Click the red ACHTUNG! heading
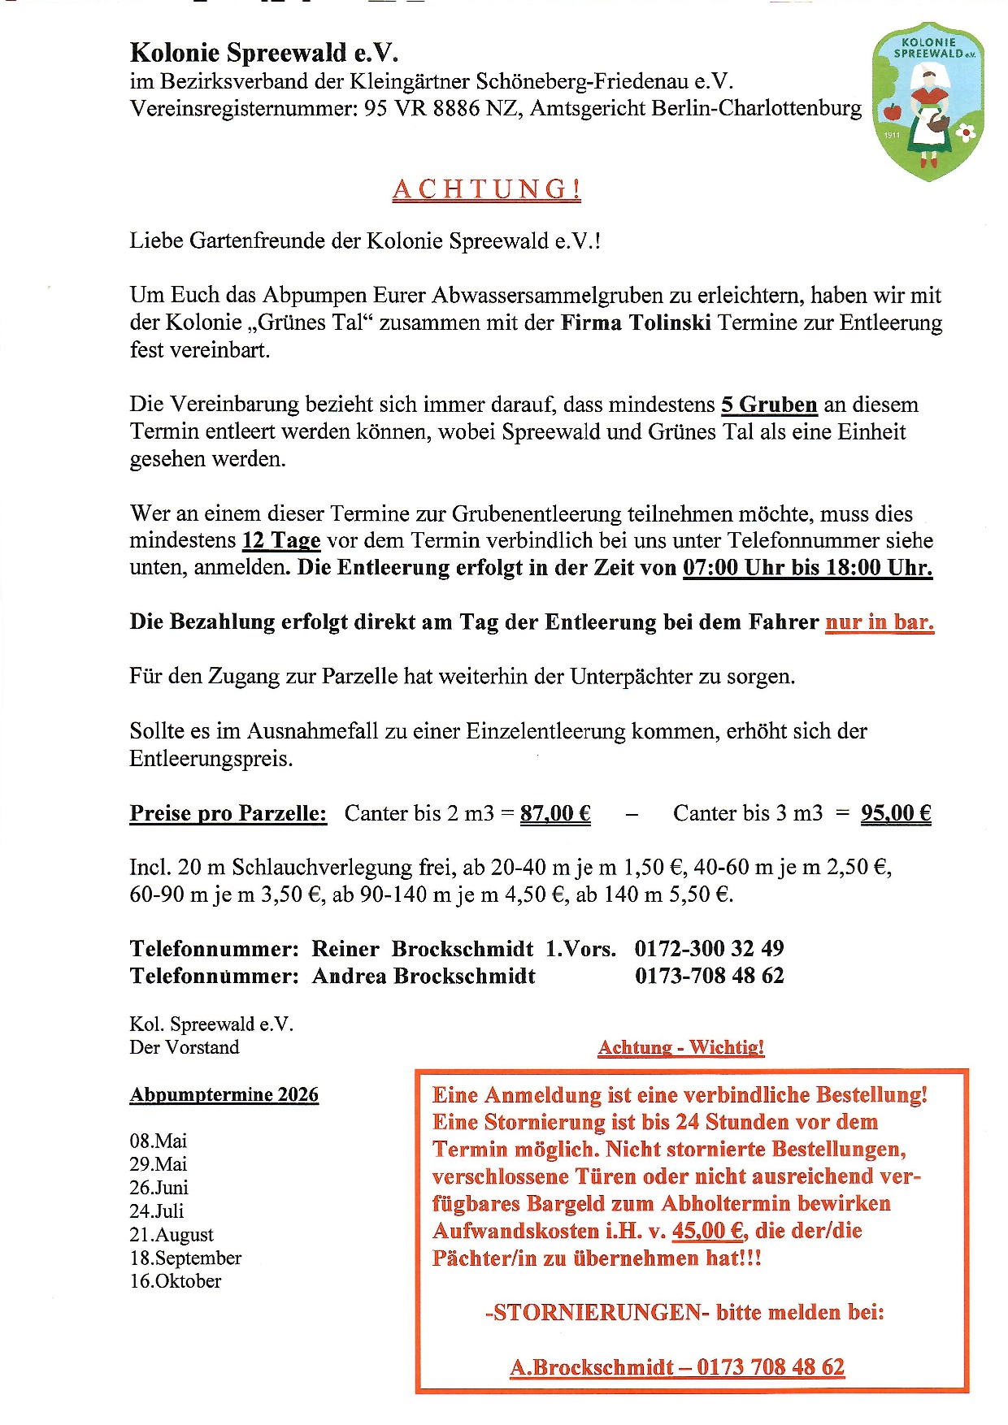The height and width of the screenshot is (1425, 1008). tap(486, 189)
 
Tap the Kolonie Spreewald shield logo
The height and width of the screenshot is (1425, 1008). tap(928, 101)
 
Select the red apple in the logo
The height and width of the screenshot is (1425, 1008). tap(892, 110)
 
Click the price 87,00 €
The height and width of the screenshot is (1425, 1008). tap(555, 813)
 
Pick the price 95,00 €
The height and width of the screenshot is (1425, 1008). tap(896, 813)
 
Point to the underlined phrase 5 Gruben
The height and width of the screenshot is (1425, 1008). tap(769, 405)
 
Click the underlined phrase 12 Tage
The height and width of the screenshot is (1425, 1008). tap(281, 540)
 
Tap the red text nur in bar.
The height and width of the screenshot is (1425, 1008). tap(880, 622)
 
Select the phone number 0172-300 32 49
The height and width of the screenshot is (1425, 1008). tap(709, 948)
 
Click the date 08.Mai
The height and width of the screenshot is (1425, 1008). tap(158, 1141)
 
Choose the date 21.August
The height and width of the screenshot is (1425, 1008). tap(172, 1234)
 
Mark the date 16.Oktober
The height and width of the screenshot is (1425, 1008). tap(176, 1280)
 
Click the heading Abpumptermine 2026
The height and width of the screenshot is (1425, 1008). tap(224, 1094)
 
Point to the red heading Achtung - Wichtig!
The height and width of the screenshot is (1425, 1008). tap(681, 1047)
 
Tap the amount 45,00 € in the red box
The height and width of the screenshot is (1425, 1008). tap(708, 1231)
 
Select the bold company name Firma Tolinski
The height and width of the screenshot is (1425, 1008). tap(636, 323)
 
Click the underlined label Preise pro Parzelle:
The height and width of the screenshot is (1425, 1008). tap(228, 813)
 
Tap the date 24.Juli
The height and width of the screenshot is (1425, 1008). tap(157, 1211)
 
